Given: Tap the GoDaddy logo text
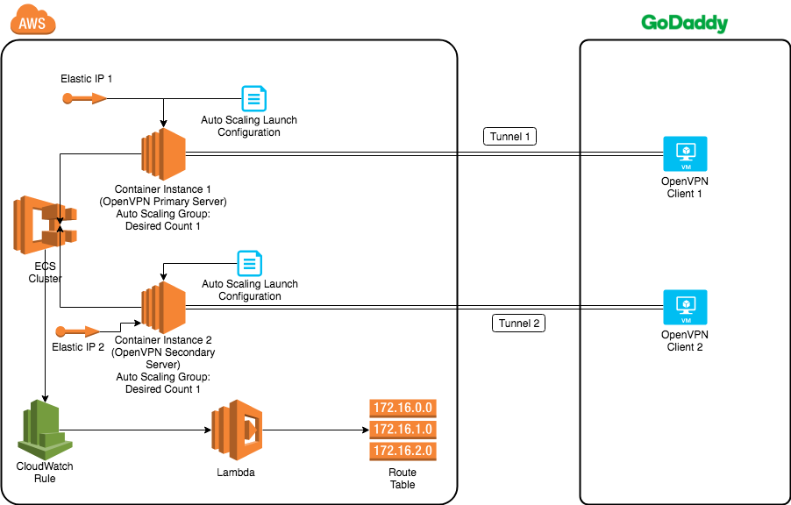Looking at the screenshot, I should point(684,23).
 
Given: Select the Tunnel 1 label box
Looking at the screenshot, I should point(509,137).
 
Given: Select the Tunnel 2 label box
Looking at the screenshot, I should point(518,323).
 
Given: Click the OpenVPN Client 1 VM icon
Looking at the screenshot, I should point(685,154).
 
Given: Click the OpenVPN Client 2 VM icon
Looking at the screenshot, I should point(685,308).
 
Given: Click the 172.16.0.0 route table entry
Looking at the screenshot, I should point(403,408).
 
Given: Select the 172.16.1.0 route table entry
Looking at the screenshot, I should point(403,430).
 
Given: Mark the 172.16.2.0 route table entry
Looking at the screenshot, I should point(403,452).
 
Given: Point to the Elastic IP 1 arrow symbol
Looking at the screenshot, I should point(84,98).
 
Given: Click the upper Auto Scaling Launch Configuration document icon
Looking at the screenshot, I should point(253,98).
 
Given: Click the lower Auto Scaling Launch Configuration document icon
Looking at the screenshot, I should point(251,262).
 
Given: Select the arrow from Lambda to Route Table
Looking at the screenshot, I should point(316,430).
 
